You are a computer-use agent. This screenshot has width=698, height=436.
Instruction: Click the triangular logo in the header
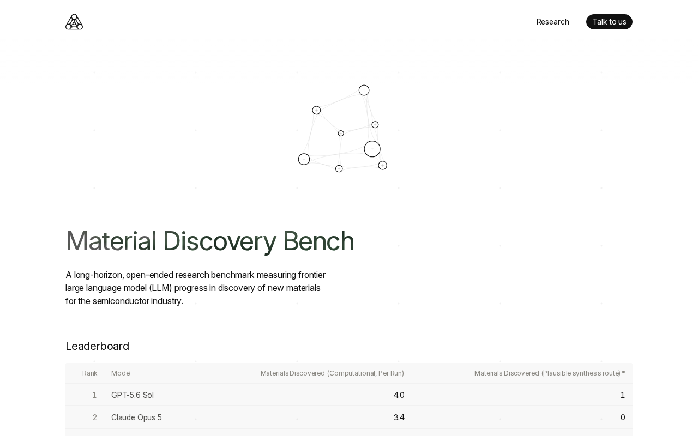(x=74, y=22)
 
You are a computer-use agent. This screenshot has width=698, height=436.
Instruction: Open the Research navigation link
(x=552, y=22)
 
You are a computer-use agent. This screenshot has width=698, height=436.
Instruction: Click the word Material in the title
(x=111, y=241)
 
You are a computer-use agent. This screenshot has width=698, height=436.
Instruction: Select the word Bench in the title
(x=318, y=241)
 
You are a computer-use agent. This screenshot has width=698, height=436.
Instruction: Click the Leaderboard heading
(x=97, y=346)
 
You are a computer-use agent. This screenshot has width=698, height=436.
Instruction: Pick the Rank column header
(x=90, y=373)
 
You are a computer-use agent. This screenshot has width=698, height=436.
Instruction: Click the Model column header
(x=121, y=373)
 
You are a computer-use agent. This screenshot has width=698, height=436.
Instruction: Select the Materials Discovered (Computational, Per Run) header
(x=332, y=373)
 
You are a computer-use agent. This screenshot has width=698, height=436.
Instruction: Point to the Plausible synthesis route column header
(x=550, y=373)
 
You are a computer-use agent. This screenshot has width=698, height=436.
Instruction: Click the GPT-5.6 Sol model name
(x=133, y=395)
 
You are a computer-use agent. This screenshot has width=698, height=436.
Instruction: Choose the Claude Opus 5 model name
(x=136, y=417)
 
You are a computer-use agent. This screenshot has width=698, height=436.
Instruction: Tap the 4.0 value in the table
(x=399, y=395)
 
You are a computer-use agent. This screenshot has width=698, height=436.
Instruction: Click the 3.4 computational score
(x=399, y=417)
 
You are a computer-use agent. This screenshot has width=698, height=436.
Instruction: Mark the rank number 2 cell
(x=95, y=417)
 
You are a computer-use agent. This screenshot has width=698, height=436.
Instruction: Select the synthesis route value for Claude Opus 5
(x=623, y=417)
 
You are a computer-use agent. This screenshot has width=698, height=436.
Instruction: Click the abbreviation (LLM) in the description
(x=160, y=288)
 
